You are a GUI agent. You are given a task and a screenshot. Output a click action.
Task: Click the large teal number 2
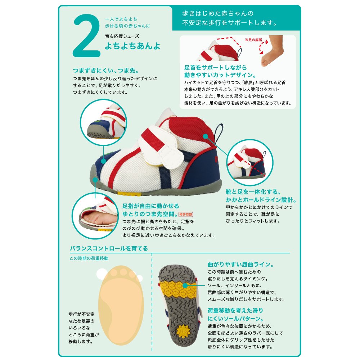[87, 36]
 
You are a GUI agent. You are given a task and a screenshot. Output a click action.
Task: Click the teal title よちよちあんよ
[132, 46]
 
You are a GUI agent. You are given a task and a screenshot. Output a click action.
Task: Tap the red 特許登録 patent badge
[186, 215]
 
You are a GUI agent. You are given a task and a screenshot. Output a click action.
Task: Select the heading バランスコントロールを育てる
[109, 248]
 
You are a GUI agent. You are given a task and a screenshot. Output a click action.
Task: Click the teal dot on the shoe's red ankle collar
[206, 136]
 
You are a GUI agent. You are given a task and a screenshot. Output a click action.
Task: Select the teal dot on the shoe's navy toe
[104, 161]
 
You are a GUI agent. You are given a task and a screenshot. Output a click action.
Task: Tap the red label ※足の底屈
[253, 40]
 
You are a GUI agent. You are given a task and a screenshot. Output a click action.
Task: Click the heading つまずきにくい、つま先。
[106, 71]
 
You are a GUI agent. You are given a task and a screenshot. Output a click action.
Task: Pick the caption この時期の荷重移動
[89, 258]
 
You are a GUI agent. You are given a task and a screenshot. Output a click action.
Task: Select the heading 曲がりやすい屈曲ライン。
[240, 265]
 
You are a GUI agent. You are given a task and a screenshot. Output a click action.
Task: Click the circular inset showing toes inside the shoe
[95, 216]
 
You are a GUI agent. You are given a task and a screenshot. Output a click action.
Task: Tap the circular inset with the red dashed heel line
[250, 162]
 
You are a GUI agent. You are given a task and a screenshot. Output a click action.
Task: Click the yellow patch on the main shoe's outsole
[129, 194]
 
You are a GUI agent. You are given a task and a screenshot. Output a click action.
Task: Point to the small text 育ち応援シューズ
[122, 36]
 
